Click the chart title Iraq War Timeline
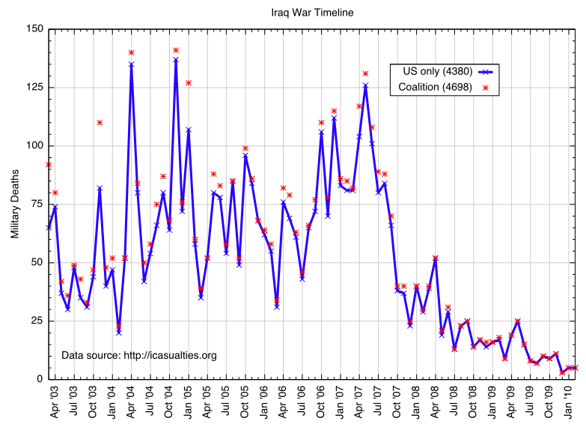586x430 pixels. click(x=312, y=12)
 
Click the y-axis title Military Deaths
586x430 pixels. click(x=14, y=204)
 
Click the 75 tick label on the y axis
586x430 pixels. click(x=35, y=204)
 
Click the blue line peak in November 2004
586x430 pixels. click(x=176, y=59)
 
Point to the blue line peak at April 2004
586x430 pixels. click(x=131, y=64)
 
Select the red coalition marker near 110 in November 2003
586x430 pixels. click(x=100, y=122)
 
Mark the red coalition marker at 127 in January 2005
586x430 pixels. click(x=189, y=82)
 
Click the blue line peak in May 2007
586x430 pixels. click(x=365, y=85)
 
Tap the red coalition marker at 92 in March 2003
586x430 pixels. click(x=49, y=164)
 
